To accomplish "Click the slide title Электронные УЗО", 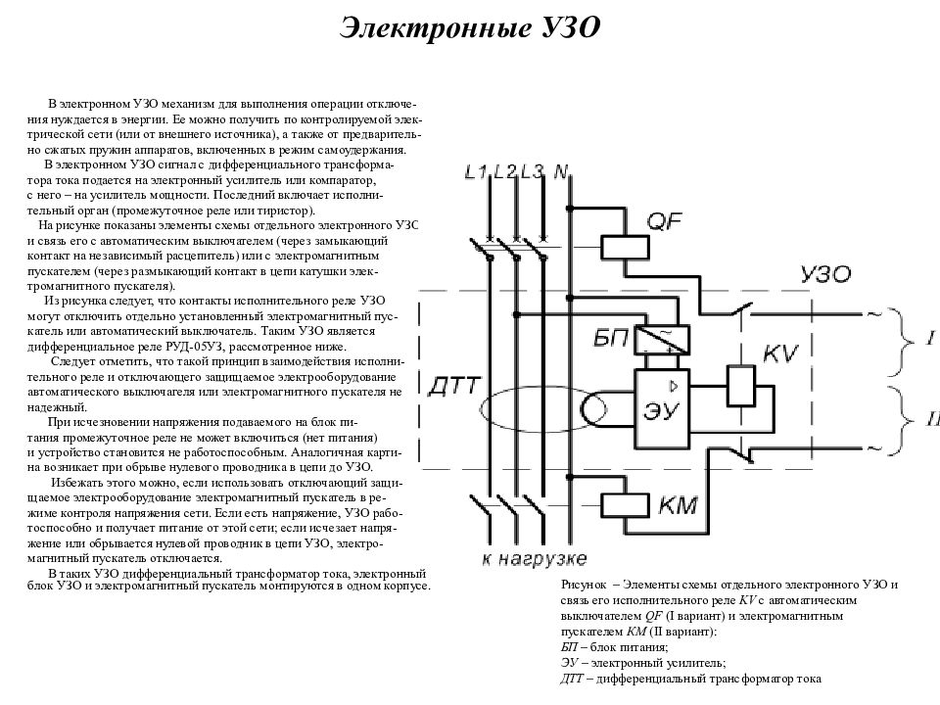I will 469,26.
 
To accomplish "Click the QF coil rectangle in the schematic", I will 619,245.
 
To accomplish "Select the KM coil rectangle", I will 619,504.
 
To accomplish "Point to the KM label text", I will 679,505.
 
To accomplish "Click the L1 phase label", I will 475,173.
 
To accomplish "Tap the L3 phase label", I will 533,173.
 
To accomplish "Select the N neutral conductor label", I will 562,173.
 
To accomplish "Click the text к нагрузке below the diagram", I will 535,559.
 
